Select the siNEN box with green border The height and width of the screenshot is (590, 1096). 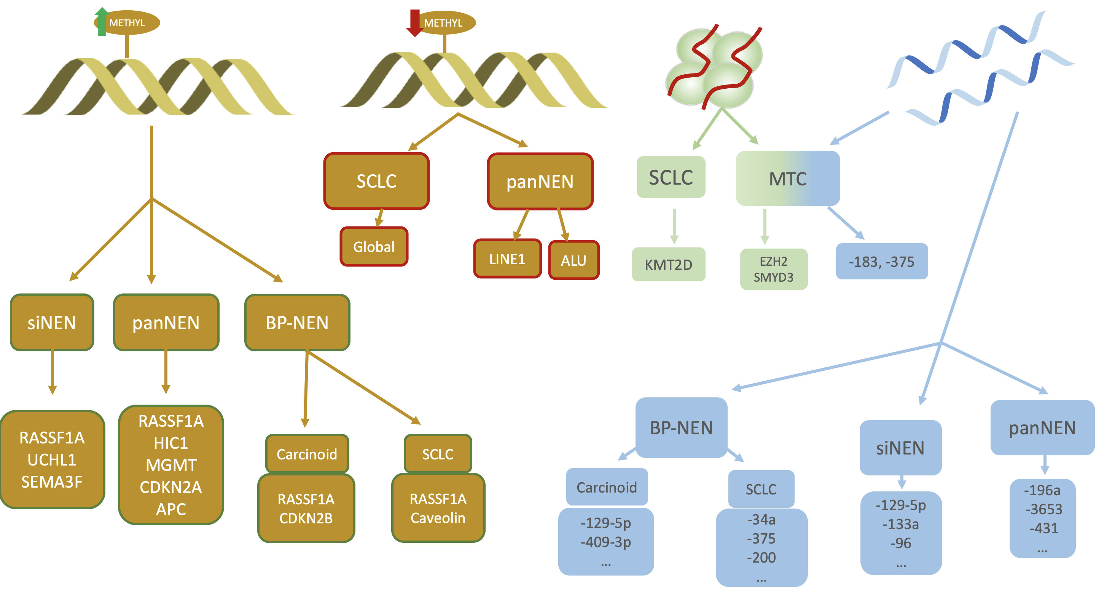point(52,323)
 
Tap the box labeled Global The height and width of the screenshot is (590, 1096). point(374,247)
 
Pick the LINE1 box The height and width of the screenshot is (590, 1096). point(507,259)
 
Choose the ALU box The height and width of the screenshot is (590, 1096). point(573,260)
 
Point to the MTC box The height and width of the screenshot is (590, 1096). point(787,179)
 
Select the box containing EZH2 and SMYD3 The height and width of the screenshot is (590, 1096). point(774,269)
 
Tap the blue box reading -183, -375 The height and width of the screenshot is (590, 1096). point(882,262)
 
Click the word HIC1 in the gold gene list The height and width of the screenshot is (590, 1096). point(170,443)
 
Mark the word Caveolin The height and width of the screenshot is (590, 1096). point(438,518)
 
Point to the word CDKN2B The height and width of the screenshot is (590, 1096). point(306,518)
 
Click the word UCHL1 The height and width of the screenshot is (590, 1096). point(52,460)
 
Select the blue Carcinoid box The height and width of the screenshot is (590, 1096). point(607,487)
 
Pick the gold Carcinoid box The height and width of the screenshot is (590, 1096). point(307,454)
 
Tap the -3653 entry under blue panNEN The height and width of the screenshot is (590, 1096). point(1043,509)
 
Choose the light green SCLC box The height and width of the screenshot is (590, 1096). point(671,177)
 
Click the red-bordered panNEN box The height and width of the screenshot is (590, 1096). point(540,181)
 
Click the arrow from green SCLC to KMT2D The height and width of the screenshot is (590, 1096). point(674,226)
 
